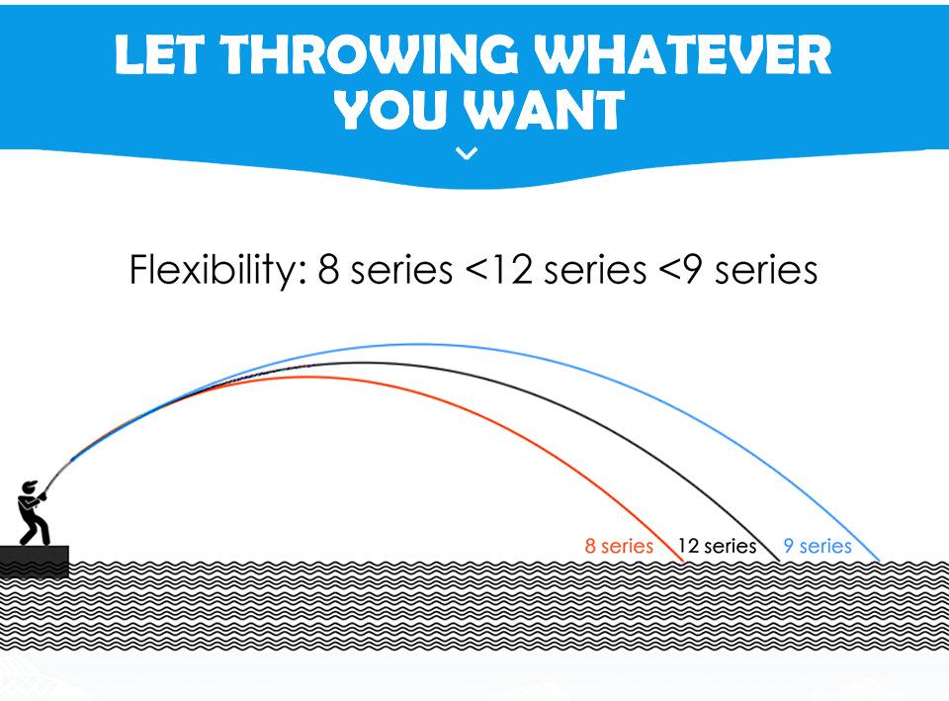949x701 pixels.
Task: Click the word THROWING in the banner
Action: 371,54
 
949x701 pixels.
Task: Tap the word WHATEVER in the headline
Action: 683,54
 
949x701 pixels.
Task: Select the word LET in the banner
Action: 158,54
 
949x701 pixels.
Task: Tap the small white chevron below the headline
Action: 467,154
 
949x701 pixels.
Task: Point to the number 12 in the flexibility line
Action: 510,270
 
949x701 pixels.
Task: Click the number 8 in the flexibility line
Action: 328,270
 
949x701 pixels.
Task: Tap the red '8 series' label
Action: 619,546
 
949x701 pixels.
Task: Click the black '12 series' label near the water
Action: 717,546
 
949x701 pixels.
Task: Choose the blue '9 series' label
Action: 818,546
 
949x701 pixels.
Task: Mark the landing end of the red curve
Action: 684,563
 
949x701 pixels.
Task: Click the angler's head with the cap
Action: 28,487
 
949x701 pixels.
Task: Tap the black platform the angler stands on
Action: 34,555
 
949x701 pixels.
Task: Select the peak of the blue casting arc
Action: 417,345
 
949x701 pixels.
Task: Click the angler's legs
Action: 36,530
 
